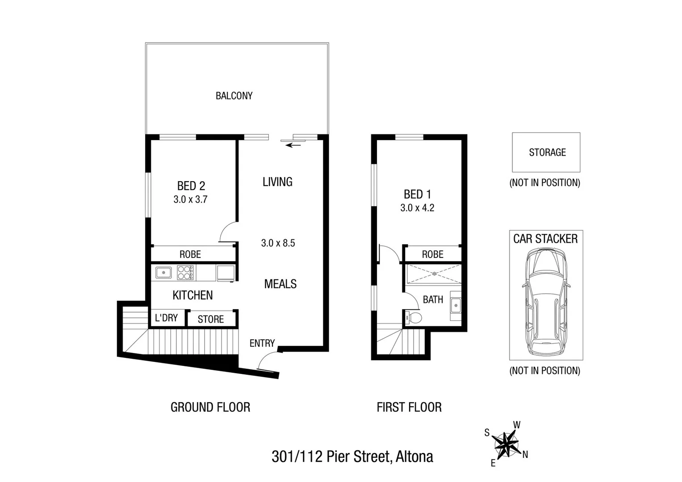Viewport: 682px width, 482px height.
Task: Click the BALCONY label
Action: point(234,96)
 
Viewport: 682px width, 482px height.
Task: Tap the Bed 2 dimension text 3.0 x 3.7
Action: point(190,199)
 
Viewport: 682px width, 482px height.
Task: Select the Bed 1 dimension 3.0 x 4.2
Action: point(417,208)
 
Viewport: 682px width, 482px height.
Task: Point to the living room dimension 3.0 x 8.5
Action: point(278,243)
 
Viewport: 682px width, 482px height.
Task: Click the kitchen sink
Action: point(163,272)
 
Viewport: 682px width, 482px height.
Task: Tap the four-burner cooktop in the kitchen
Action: point(185,273)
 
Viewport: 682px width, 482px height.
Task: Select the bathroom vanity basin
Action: point(455,306)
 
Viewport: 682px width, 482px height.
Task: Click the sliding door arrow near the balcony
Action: point(293,145)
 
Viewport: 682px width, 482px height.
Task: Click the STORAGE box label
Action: point(547,153)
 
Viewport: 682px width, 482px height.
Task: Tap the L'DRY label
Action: point(166,318)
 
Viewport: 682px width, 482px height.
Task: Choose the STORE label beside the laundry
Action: point(210,319)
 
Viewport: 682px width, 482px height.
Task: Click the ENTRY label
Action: point(262,343)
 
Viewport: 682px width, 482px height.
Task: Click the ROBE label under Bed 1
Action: point(432,254)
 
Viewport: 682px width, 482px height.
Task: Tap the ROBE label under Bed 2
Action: point(190,254)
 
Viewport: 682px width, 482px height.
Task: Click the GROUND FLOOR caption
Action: point(210,407)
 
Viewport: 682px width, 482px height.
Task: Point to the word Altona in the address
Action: point(414,457)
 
